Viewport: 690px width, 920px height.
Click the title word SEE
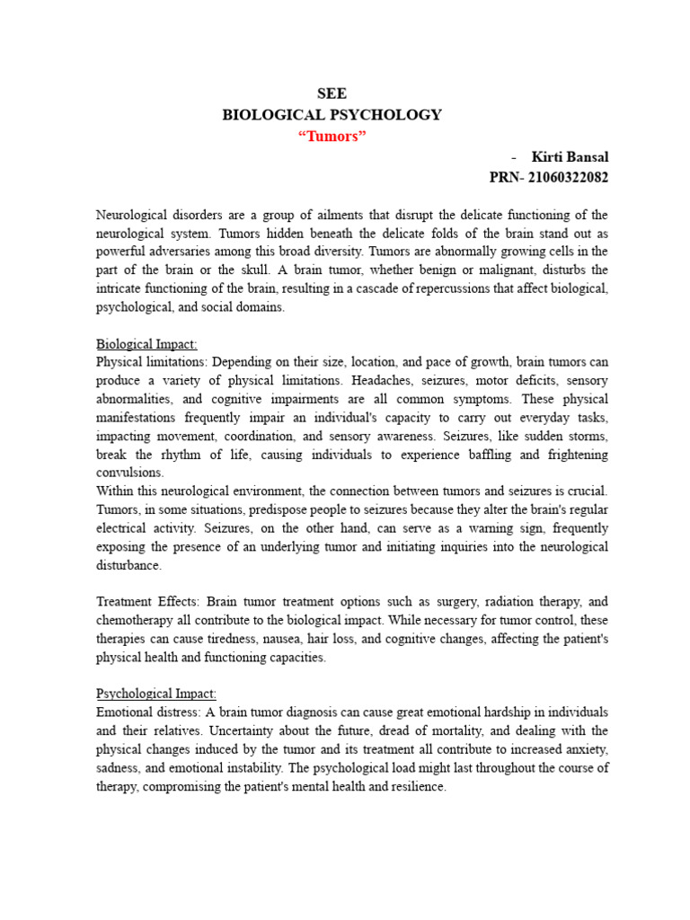click(x=332, y=93)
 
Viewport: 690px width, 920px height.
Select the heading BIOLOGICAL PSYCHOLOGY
click(x=332, y=115)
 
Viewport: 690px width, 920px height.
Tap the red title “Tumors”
click(x=332, y=136)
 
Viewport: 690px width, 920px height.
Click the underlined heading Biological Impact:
click(x=146, y=344)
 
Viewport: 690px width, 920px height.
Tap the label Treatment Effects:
click(x=145, y=601)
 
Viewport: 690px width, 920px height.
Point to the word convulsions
click(x=130, y=473)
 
